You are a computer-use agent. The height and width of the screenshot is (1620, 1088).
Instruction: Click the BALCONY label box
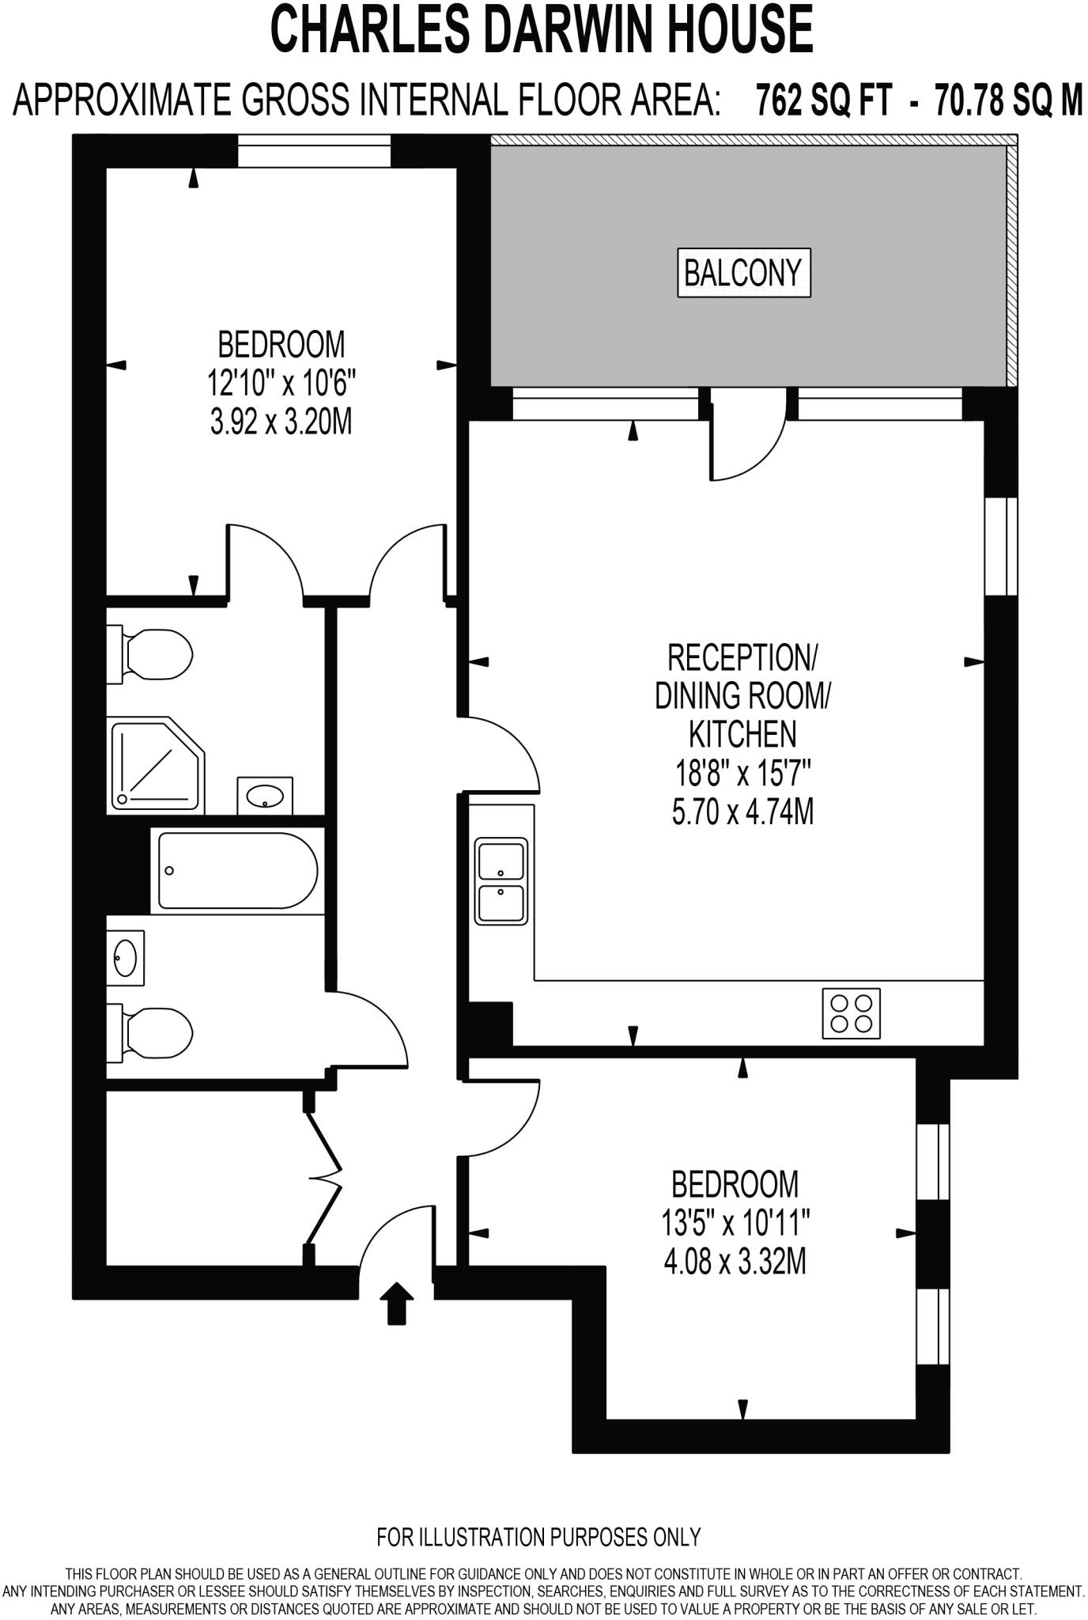(743, 274)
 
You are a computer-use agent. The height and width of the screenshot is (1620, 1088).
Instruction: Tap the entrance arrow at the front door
(396, 1303)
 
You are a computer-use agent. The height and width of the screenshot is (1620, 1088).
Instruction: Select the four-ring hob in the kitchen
(851, 1013)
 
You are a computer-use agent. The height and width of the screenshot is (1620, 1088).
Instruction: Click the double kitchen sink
(501, 881)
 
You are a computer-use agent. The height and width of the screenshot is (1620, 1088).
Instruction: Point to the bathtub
(237, 870)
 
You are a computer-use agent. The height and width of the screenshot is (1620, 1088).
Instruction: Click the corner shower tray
(156, 766)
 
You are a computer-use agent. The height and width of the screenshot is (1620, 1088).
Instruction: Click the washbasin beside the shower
(265, 796)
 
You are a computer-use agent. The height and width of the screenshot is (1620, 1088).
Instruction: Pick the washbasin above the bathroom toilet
(126, 958)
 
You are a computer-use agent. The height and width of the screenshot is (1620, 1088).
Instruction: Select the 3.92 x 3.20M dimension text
(281, 423)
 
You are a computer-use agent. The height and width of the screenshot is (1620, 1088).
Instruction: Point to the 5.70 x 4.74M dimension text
(742, 812)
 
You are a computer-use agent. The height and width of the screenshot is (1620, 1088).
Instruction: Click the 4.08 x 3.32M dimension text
(735, 1261)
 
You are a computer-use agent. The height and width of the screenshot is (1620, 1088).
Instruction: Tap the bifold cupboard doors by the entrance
(324, 1179)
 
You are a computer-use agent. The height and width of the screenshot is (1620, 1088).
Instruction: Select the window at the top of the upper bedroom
(314, 151)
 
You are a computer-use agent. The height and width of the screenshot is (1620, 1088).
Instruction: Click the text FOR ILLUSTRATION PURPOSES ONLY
(538, 1537)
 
